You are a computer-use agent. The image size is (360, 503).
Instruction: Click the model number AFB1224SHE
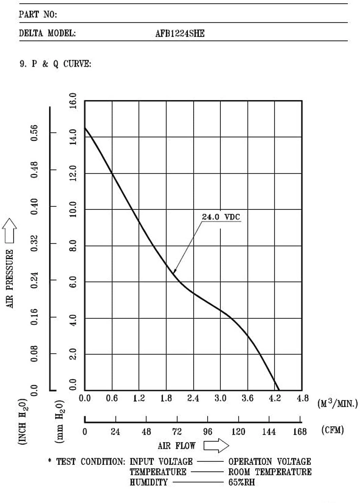coord(180,33)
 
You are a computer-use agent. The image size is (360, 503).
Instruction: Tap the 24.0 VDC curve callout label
coord(221,217)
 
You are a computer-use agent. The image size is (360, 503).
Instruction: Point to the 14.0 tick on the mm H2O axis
coord(73,136)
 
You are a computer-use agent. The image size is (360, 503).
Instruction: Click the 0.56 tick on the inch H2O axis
coord(34,133)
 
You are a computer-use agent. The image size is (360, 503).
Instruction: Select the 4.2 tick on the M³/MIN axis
coord(274,398)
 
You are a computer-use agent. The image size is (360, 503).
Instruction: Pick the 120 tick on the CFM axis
coord(238,432)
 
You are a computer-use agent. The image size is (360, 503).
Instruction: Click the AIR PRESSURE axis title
coord(10,279)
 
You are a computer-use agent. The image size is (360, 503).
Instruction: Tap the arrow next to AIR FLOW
coord(216,446)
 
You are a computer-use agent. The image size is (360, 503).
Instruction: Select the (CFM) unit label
coord(332,430)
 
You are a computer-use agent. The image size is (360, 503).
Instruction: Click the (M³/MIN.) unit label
coord(338,403)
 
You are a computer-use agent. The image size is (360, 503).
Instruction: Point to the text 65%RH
coord(241,482)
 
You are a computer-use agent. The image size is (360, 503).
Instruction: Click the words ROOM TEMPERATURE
coord(270,472)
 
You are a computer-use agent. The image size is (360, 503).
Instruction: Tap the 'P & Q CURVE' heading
coord(61,64)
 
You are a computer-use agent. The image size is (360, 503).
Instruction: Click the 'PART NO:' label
coord(38,14)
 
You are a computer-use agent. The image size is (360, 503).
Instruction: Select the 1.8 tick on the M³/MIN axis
coord(166,398)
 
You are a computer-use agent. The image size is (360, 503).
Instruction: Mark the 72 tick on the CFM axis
coord(177,432)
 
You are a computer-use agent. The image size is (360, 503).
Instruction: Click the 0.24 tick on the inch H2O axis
coord(34,280)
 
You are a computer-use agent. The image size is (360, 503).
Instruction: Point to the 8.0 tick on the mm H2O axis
coord(73,245)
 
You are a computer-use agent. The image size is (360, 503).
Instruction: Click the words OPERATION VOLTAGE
coord(270,462)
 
